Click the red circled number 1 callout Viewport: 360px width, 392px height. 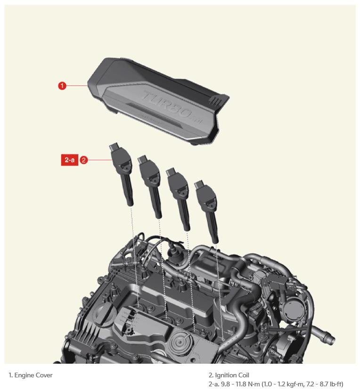pos(62,86)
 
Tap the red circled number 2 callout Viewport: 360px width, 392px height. pos(83,160)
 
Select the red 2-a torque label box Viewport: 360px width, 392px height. pos(70,160)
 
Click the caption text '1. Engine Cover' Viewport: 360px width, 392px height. pos(31,375)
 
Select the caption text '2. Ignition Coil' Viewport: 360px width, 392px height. pos(229,375)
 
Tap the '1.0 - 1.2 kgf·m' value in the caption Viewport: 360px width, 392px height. pos(284,384)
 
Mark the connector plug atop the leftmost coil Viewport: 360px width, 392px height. pos(115,147)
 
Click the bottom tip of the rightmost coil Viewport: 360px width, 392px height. pos(215,242)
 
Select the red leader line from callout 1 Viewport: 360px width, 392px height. pos(77,86)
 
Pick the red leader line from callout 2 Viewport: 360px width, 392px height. pos(99,160)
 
